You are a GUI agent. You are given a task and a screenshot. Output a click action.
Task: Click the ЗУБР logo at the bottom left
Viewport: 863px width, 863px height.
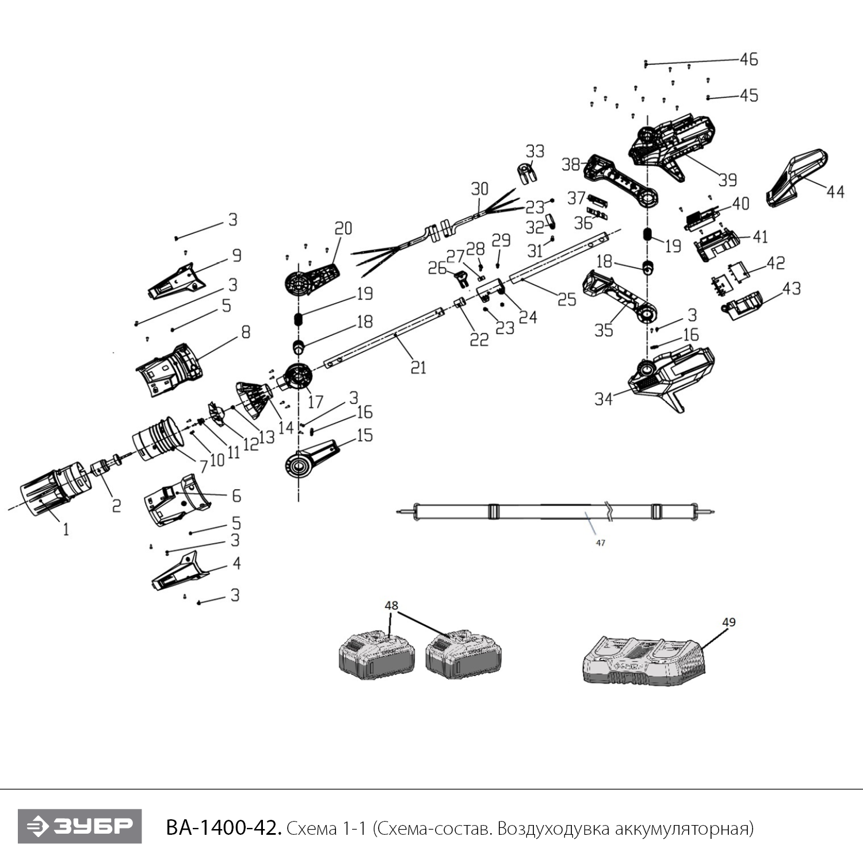click(x=79, y=826)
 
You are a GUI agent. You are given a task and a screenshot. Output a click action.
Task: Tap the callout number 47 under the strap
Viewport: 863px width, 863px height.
click(x=600, y=543)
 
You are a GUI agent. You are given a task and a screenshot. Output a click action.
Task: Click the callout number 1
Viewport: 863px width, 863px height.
click(x=66, y=529)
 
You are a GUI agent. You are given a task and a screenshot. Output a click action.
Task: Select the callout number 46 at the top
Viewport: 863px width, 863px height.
click(x=749, y=59)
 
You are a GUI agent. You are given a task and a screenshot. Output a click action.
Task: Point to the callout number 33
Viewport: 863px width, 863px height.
click(x=534, y=151)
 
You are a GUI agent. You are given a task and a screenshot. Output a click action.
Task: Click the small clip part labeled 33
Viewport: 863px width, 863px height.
click(x=525, y=173)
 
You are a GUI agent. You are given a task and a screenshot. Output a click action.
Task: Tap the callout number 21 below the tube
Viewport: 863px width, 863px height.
click(x=418, y=367)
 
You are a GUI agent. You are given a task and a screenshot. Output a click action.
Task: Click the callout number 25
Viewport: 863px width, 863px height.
click(x=567, y=299)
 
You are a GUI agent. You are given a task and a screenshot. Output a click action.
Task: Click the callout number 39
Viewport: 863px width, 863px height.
click(x=728, y=180)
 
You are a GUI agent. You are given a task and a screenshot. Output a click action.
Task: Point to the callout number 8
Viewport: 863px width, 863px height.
click(x=246, y=333)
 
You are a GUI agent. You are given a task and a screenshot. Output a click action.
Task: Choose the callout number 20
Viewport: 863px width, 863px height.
click(x=343, y=228)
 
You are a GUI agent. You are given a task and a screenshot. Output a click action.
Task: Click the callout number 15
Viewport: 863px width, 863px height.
click(x=365, y=435)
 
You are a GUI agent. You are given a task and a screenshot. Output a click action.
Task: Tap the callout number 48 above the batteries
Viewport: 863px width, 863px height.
click(x=391, y=606)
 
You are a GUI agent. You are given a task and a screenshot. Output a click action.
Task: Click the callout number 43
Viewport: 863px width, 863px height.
click(x=792, y=288)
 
